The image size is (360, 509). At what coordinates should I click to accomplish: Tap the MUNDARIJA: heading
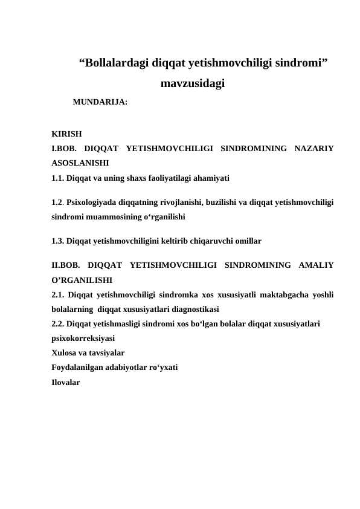click(x=100, y=103)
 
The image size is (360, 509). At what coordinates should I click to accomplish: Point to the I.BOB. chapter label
click(x=64, y=149)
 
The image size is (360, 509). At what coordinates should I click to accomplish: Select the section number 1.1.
click(x=58, y=178)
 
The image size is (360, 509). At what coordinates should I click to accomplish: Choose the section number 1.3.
click(x=58, y=241)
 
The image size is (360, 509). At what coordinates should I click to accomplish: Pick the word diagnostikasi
click(x=189, y=309)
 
